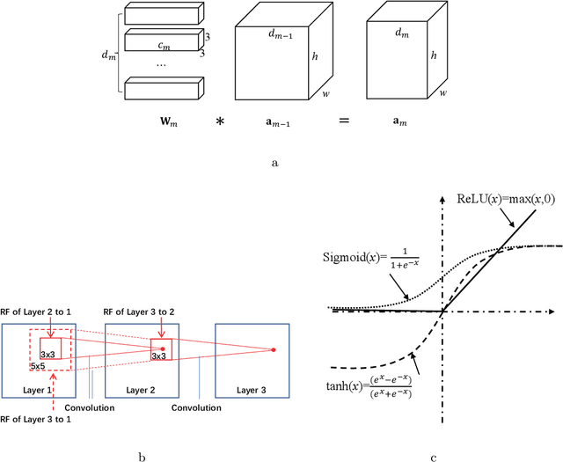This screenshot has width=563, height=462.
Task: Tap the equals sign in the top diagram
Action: [342, 121]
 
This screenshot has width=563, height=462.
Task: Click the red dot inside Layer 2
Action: [162, 348]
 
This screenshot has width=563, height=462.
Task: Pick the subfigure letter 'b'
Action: [141, 456]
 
